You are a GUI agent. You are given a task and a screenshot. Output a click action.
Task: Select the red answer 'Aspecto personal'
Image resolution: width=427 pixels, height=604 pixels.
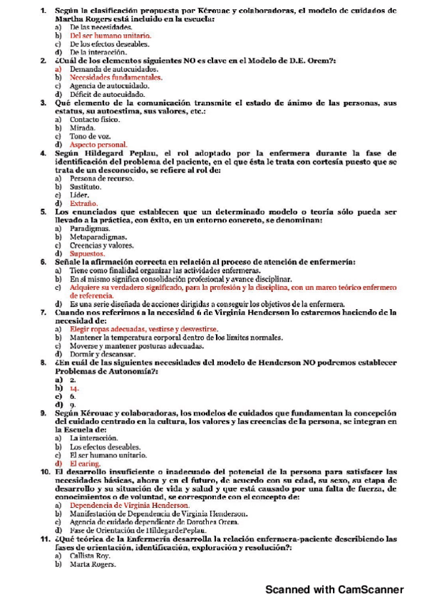tap(98, 145)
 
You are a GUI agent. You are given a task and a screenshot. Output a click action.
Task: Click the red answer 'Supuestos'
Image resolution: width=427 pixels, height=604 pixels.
tap(88, 254)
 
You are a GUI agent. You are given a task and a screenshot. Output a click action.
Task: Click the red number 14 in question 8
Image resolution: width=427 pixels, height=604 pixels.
tap(73, 388)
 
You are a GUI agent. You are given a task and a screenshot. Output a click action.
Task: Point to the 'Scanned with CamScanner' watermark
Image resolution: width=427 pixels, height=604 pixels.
tap(334, 590)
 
